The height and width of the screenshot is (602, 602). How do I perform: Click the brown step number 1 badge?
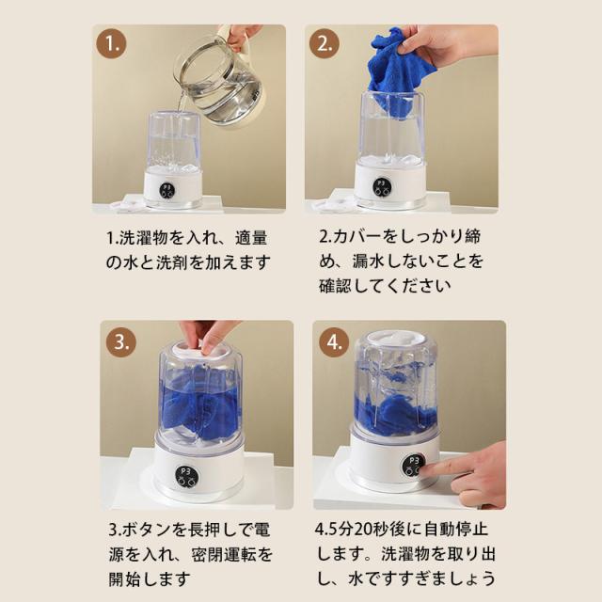pos(111,43)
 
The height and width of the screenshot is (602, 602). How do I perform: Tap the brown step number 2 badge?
pos(325,43)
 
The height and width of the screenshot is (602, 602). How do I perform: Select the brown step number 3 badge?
pos(121,341)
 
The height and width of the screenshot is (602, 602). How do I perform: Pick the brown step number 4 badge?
pos(335,341)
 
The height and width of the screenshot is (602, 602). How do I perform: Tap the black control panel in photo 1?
pos(167,191)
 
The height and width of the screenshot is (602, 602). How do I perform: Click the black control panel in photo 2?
pos(381,187)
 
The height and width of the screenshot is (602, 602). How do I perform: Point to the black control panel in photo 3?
pos(187,476)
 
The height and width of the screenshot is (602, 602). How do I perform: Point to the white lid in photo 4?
pos(395,340)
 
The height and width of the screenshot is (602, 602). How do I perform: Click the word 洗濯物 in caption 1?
pos(144,238)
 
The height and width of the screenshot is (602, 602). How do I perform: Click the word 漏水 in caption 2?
pos(369,261)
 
